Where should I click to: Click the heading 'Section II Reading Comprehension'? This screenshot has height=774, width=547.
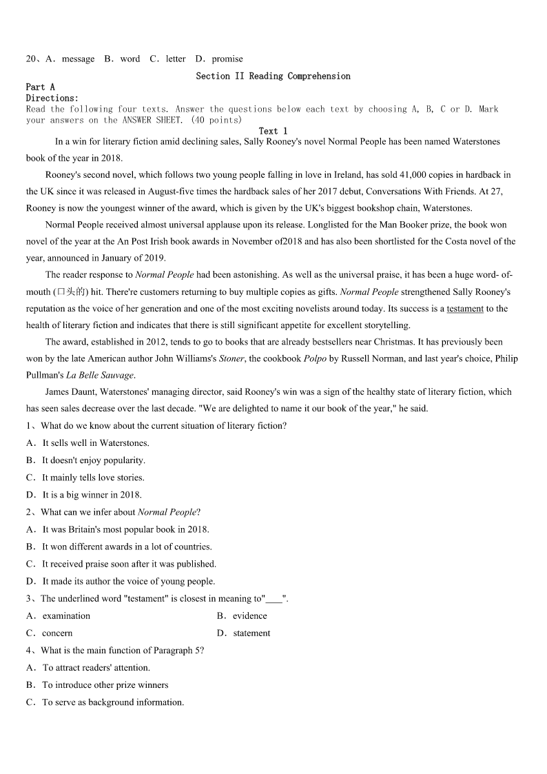tap(273, 76)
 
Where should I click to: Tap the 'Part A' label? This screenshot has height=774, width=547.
tap(40, 87)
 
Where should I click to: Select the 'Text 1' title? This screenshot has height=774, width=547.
tap(273, 131)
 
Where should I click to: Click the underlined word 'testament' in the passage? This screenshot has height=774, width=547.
tap(465, 309)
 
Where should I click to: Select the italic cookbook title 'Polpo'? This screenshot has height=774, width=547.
tap(315, 358)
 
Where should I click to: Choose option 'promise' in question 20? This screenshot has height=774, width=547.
tap(227, 59)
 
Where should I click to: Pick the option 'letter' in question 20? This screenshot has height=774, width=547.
tap(175, 59)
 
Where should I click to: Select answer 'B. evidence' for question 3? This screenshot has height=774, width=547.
tap(242, 616)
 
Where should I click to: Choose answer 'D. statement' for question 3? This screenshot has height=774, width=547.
tap(243, 633)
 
